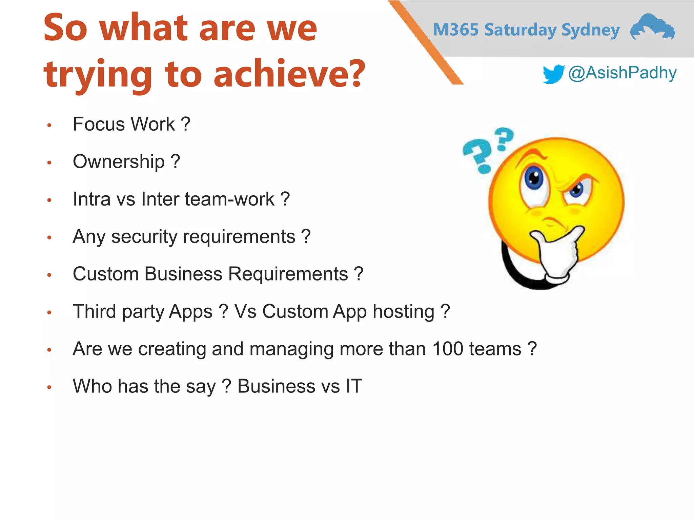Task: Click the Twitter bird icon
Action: pyautogui.click(x=553, y=74)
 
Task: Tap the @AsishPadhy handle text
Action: pyautogui.click(x=622, y=73)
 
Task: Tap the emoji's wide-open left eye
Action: pyautogui.click(x=534, y=178)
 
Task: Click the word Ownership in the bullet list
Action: pyautogui.click(x=119, y=162)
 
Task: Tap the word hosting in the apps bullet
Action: pyautogui.click(x=403, y=312)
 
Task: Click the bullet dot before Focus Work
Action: pyautogui.click(x=49, y=126)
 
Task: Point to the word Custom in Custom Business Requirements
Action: pyautogui.click(x=105, y=274)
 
